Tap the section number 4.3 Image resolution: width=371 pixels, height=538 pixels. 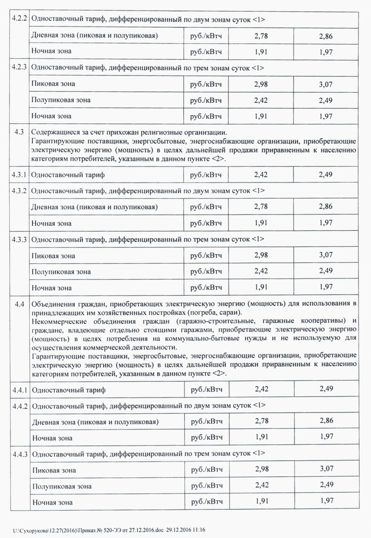pyautogui.click(x=19, y=132)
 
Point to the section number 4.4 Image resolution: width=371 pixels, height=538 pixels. pyautogui.click(x=19, y=304)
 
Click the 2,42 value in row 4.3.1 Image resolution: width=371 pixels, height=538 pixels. pyautogui.click(x=262, y=175)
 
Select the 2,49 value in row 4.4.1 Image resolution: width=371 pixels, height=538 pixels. pyautogui.click(x=326, y=389)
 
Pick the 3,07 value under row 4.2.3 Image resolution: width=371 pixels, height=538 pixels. pyautogui.click(x=326, y=84)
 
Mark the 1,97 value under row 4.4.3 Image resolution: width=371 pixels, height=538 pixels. pyautogui.click(x=326, y=501)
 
